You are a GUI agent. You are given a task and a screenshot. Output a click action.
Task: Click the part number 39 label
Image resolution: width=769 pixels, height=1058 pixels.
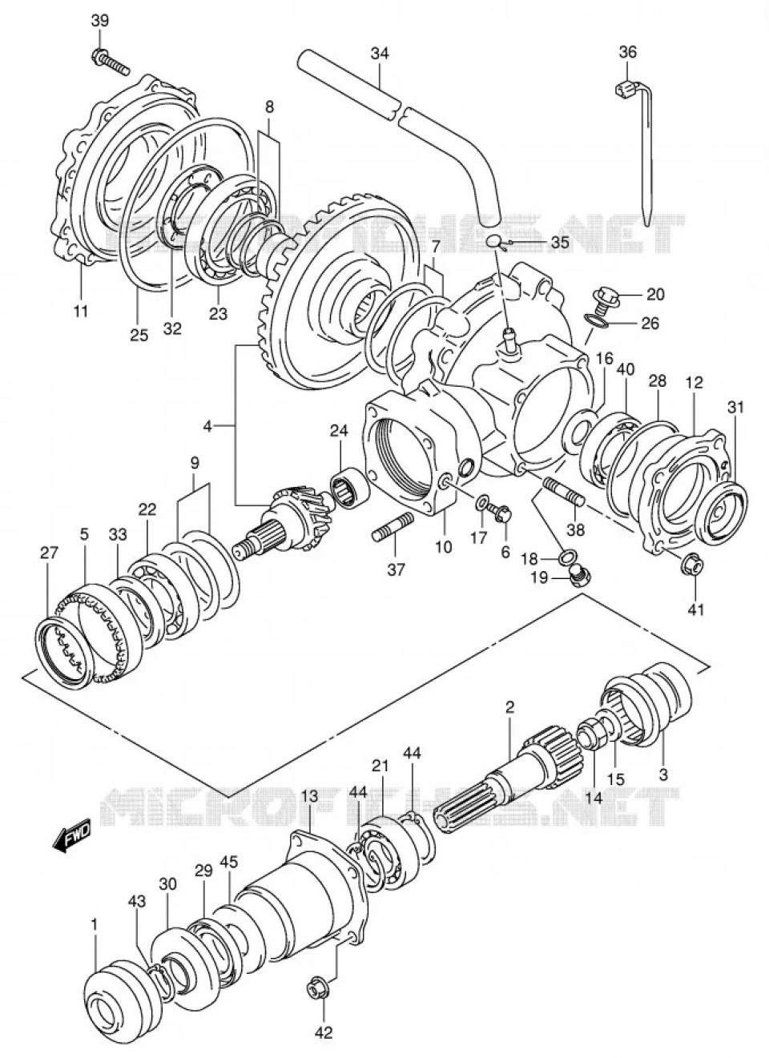tap(99, 20)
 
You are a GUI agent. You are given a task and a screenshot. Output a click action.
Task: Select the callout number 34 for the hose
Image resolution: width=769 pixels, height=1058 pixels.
tap(379, 53)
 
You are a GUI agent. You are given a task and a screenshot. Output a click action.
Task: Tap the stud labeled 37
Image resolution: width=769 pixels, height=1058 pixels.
tap(393, 531)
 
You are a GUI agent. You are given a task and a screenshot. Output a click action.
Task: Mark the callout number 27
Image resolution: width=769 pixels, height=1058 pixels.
tap(50, 552)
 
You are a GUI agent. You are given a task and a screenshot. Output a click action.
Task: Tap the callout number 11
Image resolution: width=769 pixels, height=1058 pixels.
tap(81, 311)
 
